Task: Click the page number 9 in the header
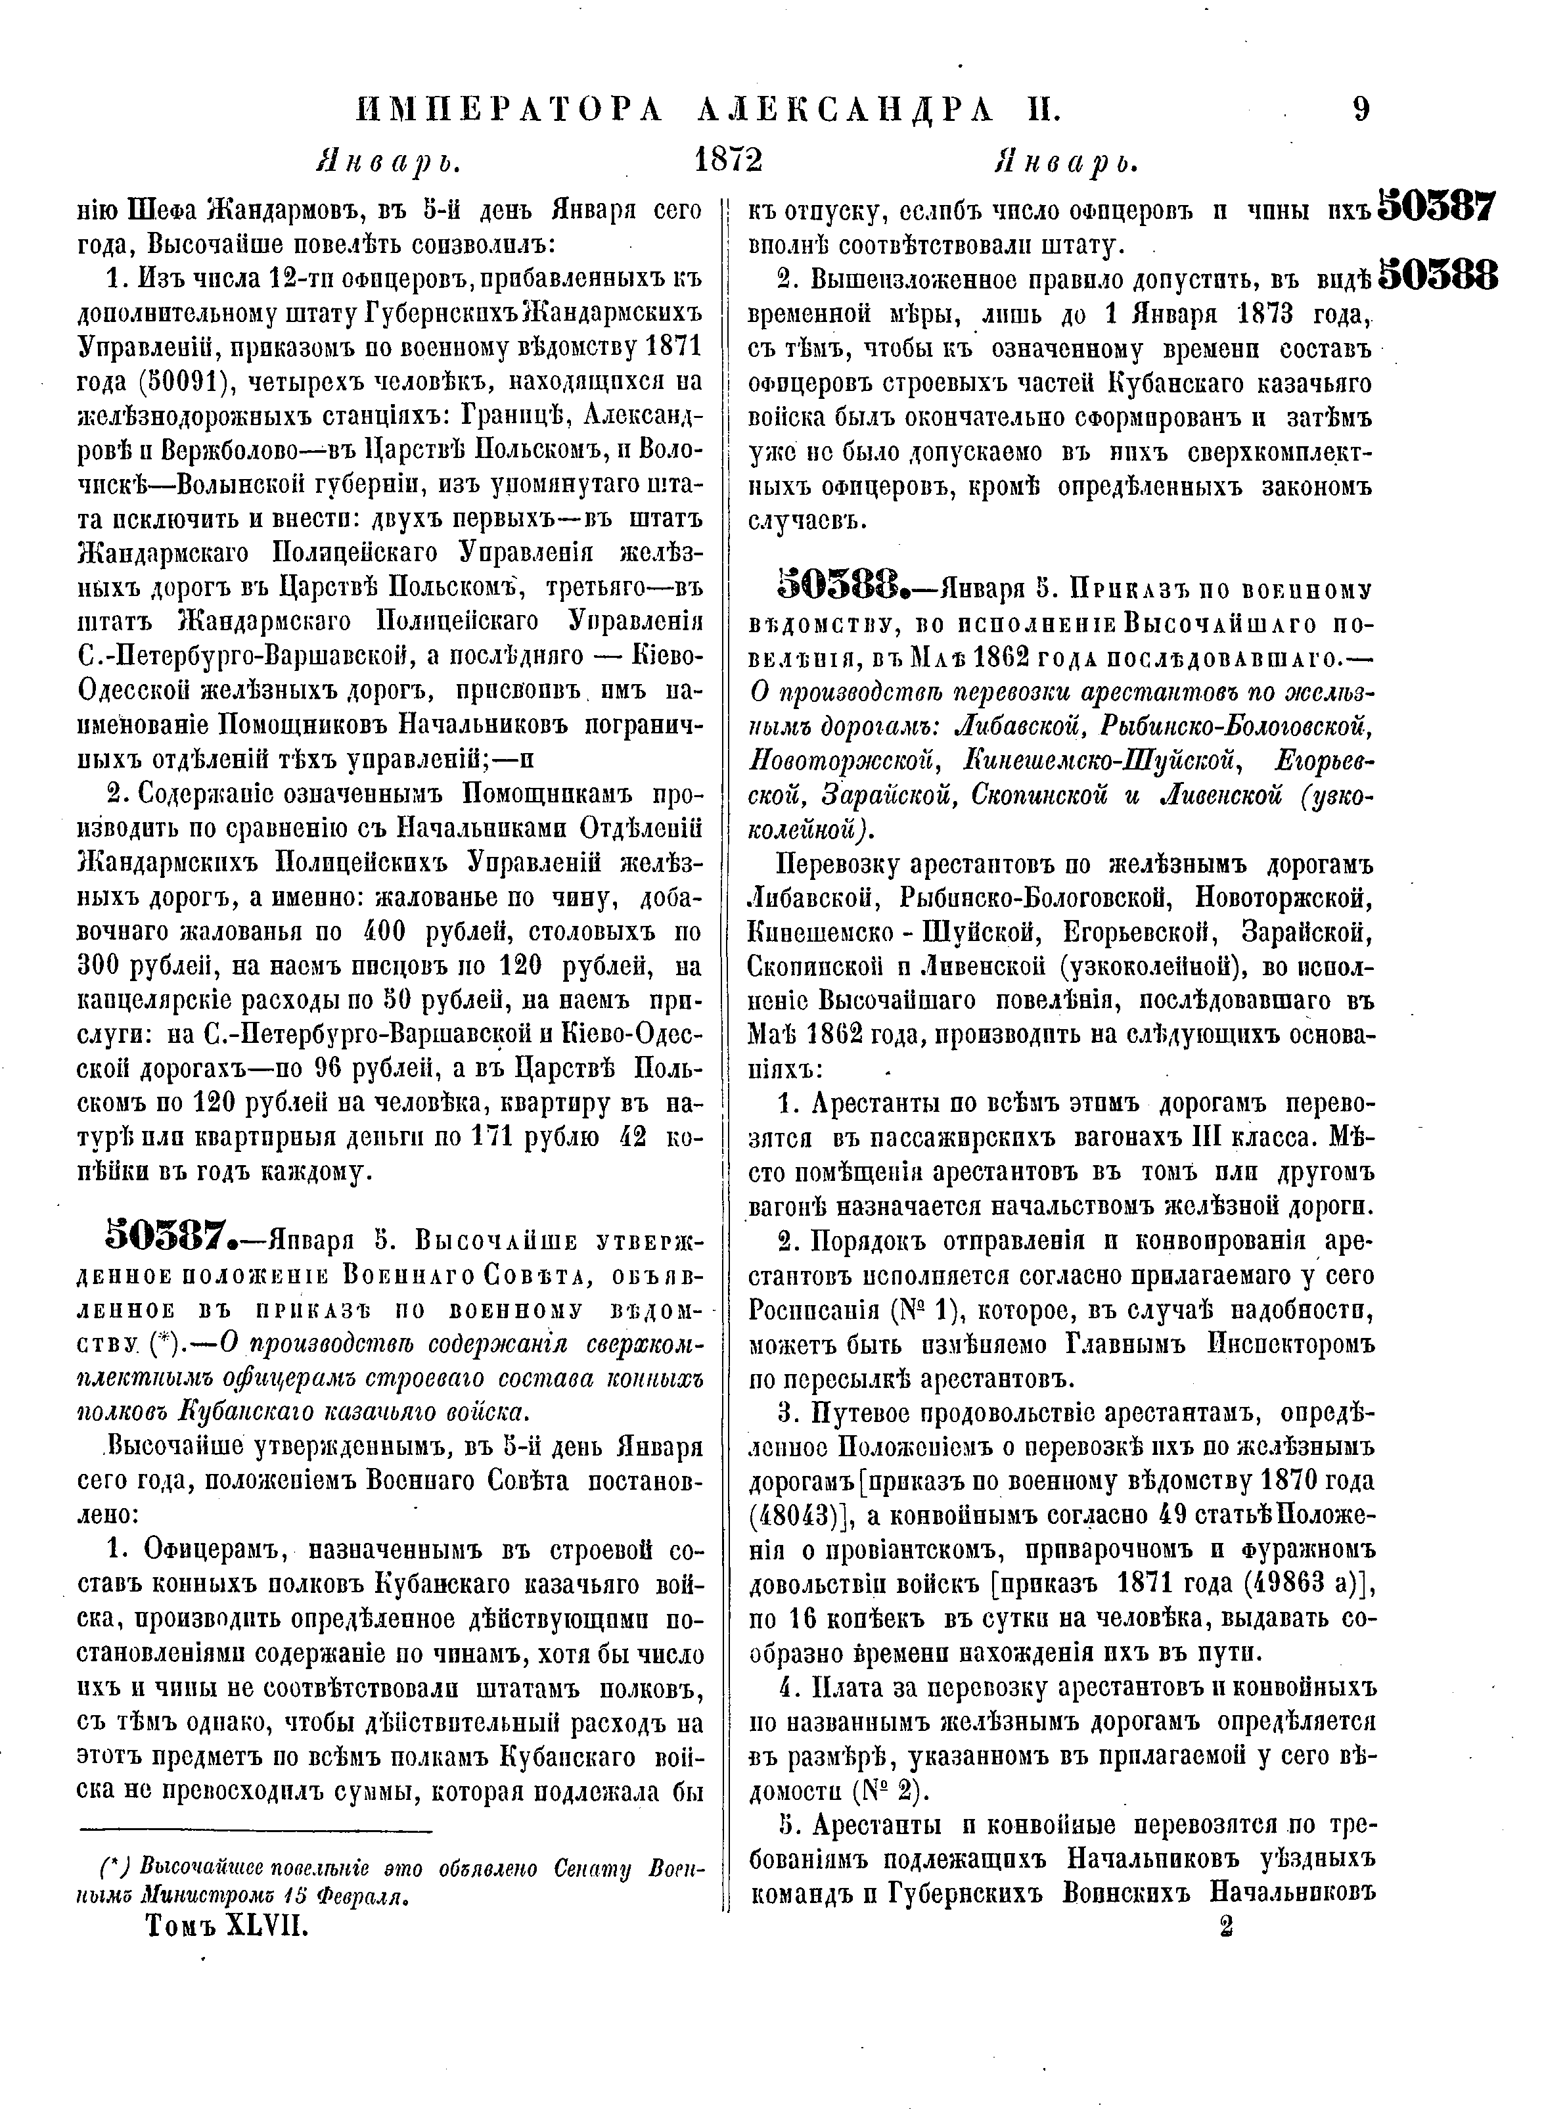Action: tap(1361, 110)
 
